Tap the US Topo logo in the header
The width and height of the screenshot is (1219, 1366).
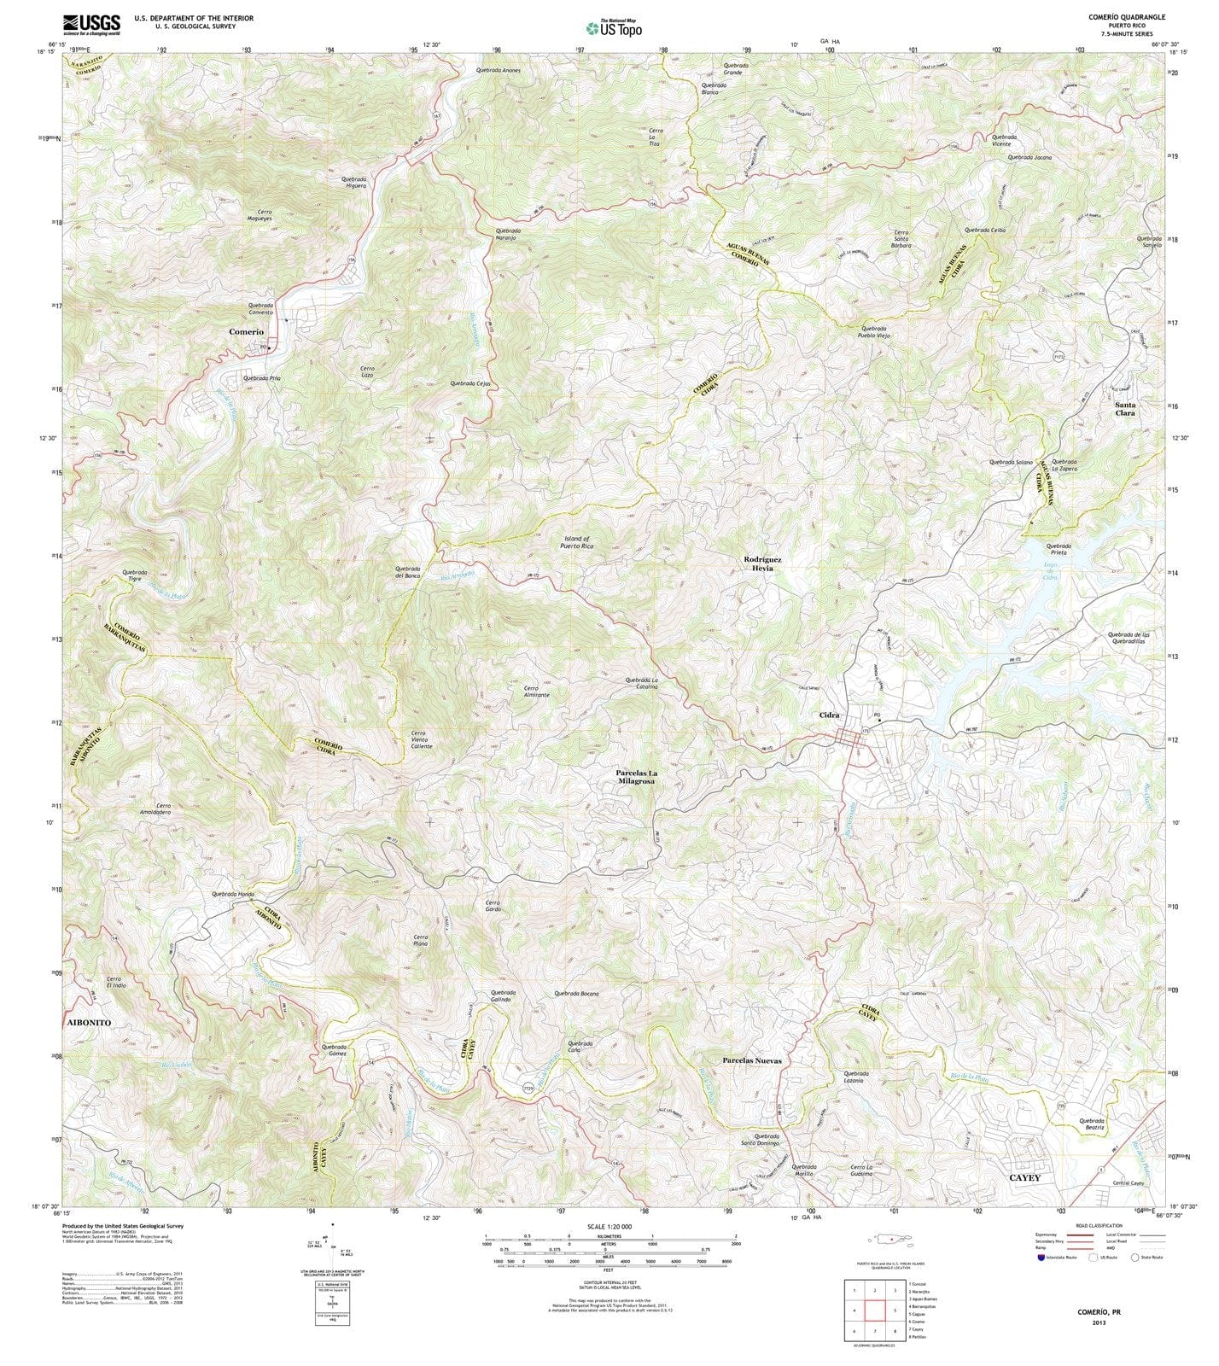[x=609, y=27]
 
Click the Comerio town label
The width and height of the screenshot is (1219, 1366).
[x=246, y=331]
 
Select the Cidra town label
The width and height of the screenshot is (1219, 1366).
[x=829, y=715]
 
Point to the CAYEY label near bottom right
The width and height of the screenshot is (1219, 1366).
[x=1025, y=1177]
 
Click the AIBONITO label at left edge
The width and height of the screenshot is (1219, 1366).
[x=88, y=1022]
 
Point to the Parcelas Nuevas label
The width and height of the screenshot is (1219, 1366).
[x=751, y=1060]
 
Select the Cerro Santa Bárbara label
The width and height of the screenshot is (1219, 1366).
[x=902, y=238]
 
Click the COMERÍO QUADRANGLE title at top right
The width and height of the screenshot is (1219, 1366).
[x=1126, y=17]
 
